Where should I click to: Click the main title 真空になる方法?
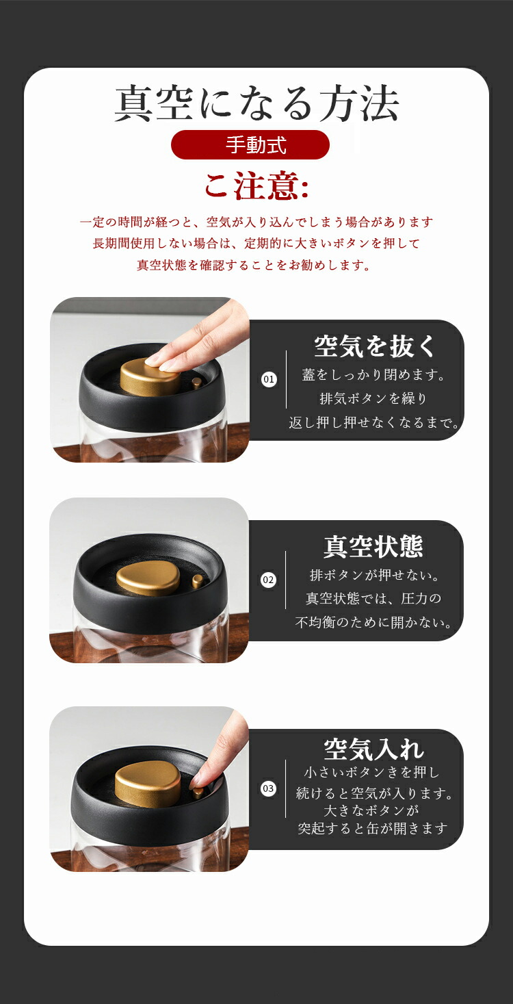pos(256,103)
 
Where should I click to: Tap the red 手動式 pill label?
pos(250,144)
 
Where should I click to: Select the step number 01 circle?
pos(269,379)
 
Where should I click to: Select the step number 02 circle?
pos(268,580)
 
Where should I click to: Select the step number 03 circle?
pos(268,788)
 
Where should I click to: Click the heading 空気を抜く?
pos(375,346)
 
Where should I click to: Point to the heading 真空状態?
pos(373,546)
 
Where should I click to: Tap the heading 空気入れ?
pos(373,749)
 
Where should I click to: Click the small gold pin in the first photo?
pos(197,383)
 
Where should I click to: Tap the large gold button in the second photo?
pos(148,579)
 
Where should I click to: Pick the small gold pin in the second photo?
pos(197,582)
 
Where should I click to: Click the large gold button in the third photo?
pos(148,784)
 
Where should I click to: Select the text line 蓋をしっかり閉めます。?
pos(373,375)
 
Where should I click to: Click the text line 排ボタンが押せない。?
pos(374,575)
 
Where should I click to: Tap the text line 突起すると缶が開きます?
pos(373,828)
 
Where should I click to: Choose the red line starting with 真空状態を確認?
pos(254,265)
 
